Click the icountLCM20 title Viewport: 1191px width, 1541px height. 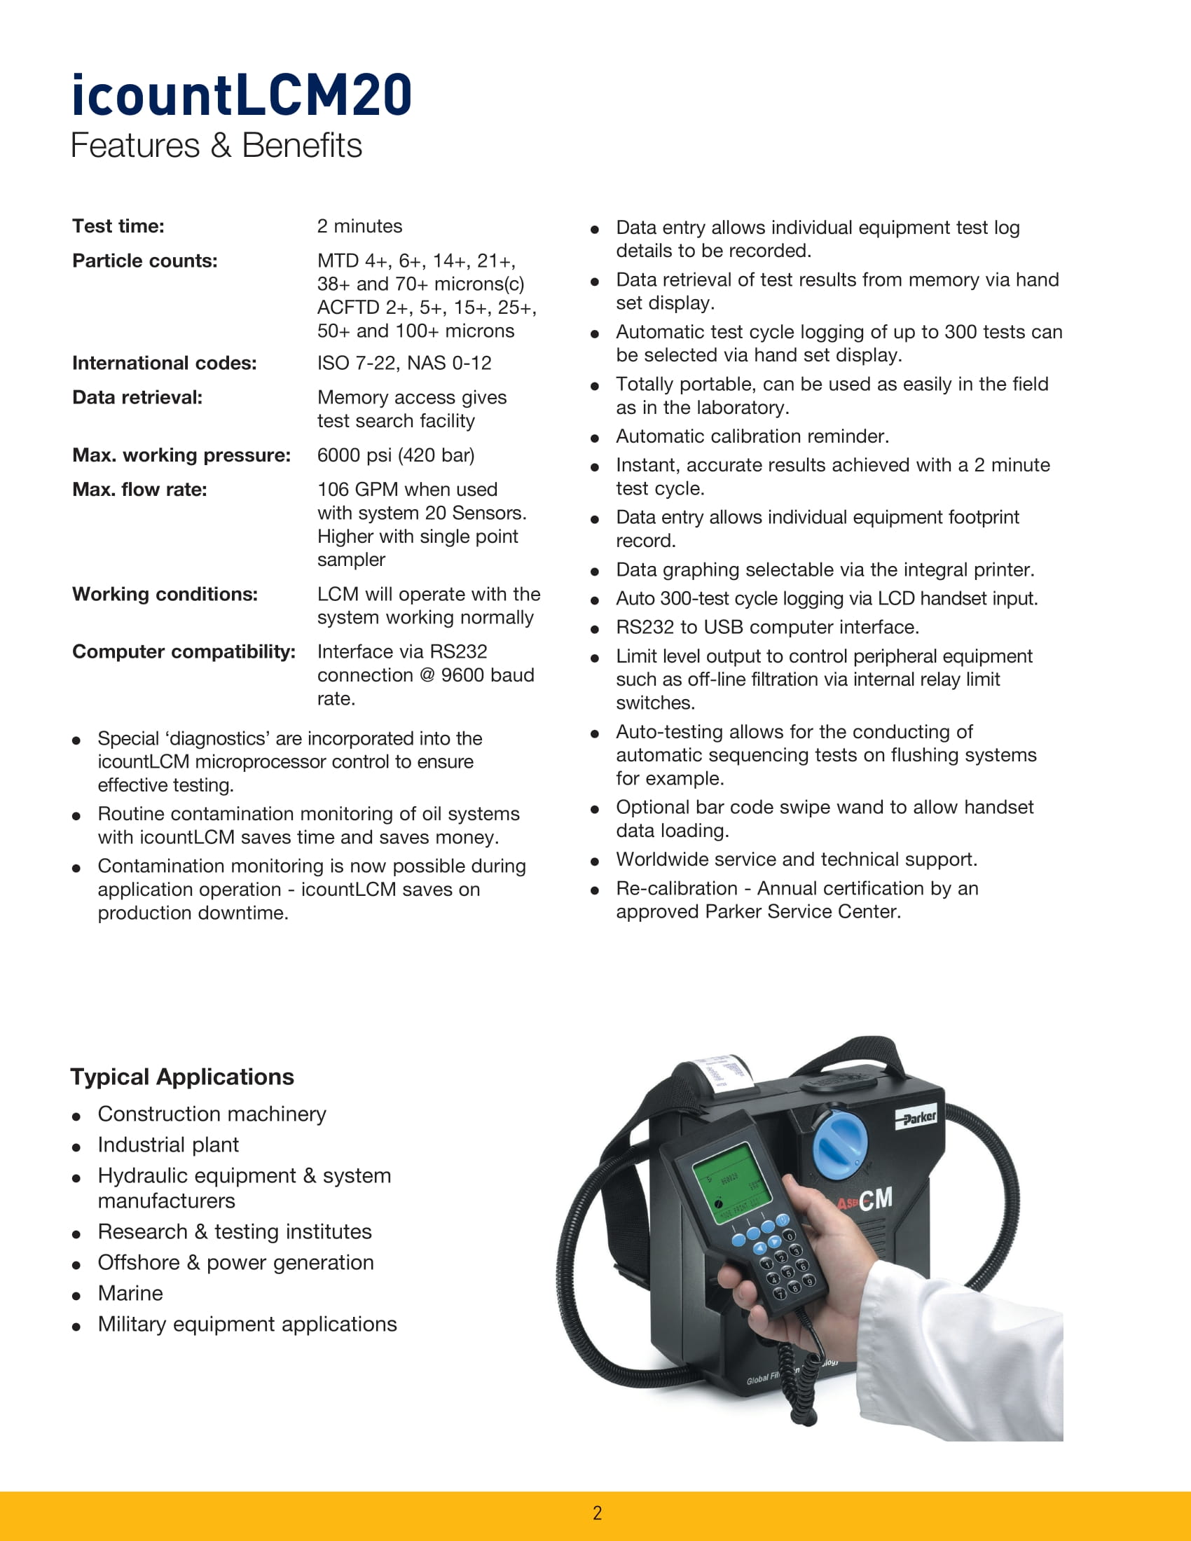pos(241,95)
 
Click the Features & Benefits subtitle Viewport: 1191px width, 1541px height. pos(216,146)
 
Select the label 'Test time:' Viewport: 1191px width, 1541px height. pos(118,226)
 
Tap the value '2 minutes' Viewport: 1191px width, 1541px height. pos(359,226)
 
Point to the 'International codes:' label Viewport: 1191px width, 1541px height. pos(164,364)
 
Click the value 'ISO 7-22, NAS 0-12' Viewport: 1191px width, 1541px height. pos(404,364)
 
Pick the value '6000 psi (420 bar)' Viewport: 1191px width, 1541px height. pos(395,455)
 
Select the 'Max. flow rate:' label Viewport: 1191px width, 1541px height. pos(139,490)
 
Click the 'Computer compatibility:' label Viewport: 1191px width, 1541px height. pos(184,652)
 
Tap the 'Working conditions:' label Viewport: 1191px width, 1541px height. pos(165,594)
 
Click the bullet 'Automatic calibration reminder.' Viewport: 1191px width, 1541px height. pos(752,437)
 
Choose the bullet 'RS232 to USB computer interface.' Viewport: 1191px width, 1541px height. pos(767,628)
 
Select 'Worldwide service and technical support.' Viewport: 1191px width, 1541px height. pos(796,859)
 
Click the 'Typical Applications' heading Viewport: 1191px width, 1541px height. pos(182,1077)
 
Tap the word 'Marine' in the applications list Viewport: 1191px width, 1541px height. pos(130,1293)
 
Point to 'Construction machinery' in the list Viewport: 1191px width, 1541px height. pos(212,1114)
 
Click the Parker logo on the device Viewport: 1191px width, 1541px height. pos(916,1118)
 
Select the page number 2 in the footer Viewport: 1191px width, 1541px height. pos(597,1513)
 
